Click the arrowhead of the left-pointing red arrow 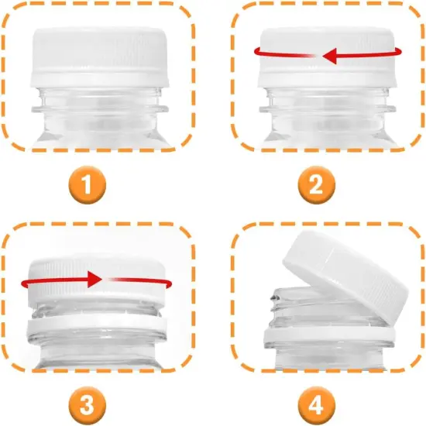tap(329, 56)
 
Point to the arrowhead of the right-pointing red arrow tap(94, 277)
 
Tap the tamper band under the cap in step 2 tap(328, 77)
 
